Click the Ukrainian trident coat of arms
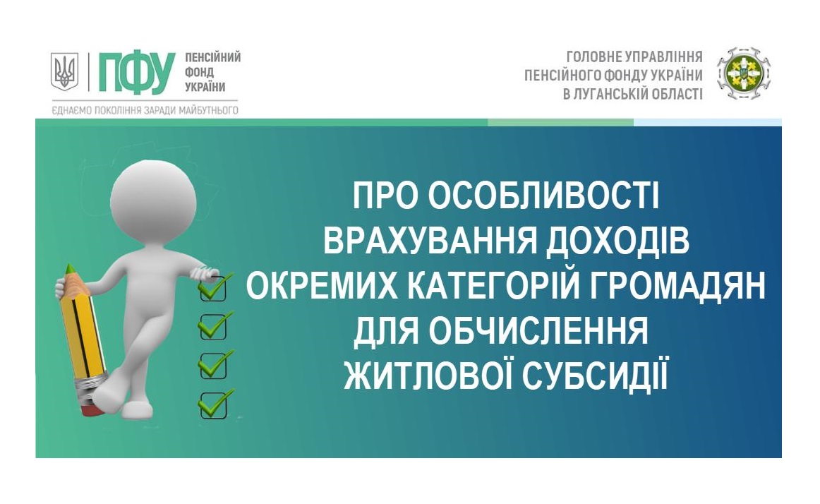coord(64,71)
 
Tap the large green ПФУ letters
coord(136,73)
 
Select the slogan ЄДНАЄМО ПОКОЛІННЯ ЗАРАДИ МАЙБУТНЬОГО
coord(145,110)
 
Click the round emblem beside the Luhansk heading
coord(744,74)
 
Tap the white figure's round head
coord(153,200)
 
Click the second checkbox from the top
coord(213,327)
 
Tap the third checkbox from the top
coord(213,366)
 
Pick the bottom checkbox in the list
coord(213,404)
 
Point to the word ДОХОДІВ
coord(617,242)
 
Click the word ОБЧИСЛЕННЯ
coord(538,332)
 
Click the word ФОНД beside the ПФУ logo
coord(199,72)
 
